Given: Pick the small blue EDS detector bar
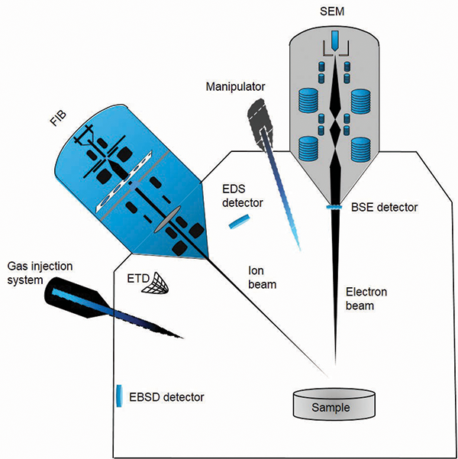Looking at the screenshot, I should coord(239,221).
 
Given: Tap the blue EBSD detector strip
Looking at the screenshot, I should coord(119,396).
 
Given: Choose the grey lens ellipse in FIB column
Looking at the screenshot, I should coord(167,218).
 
